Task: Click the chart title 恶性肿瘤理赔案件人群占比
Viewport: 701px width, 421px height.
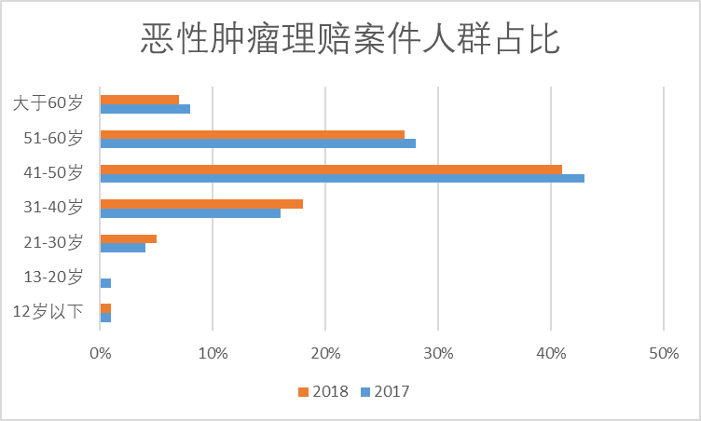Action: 350,39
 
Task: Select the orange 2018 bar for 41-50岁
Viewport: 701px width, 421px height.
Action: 331,169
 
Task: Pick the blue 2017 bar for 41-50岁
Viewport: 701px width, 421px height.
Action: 342,178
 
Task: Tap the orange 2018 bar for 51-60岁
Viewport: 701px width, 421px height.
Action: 252,134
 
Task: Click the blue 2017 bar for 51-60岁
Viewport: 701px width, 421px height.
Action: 257,143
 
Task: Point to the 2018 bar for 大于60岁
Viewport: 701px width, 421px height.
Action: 139,99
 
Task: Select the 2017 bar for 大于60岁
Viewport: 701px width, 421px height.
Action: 144,109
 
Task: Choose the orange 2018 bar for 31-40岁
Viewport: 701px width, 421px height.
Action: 201,204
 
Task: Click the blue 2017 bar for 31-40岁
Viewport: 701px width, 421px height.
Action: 190,213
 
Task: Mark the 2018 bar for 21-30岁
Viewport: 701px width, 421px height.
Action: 128,238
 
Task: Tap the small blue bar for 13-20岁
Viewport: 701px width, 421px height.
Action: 105,282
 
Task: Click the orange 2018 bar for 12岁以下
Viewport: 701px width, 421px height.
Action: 105,308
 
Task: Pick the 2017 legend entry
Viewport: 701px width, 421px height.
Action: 384,391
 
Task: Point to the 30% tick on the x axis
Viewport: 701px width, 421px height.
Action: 438,354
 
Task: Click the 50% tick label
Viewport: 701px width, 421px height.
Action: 663,354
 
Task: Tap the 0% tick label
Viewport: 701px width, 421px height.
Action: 100,354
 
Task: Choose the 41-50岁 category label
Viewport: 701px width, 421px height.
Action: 55,173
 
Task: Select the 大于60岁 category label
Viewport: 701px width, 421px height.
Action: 48,103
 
